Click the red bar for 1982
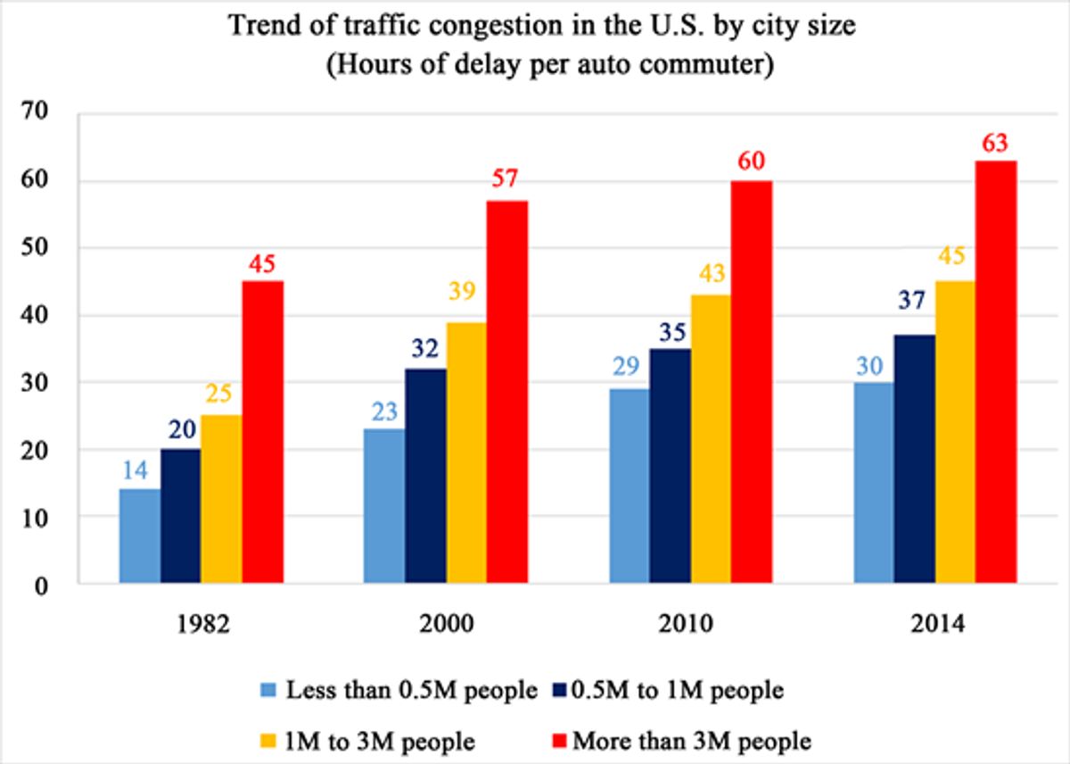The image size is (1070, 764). coord(263,432)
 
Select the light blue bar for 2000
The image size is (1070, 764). coord(384,506)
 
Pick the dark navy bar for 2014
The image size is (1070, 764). coord(914,459)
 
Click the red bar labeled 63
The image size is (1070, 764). coord(996,371)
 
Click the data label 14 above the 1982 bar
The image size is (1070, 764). coord(140,470)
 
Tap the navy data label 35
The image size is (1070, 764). coord(670,329)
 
